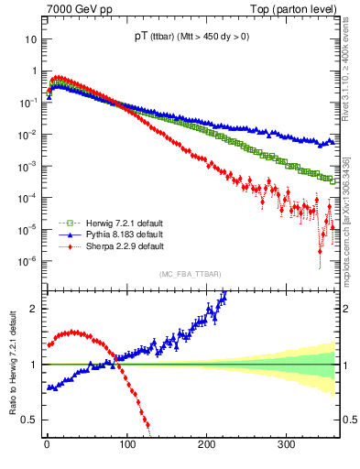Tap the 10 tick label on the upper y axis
tap(30, 39)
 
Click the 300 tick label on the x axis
tap(286, 444)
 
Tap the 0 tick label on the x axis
tap(47, 444)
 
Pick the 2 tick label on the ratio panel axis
tap(34, 309)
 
